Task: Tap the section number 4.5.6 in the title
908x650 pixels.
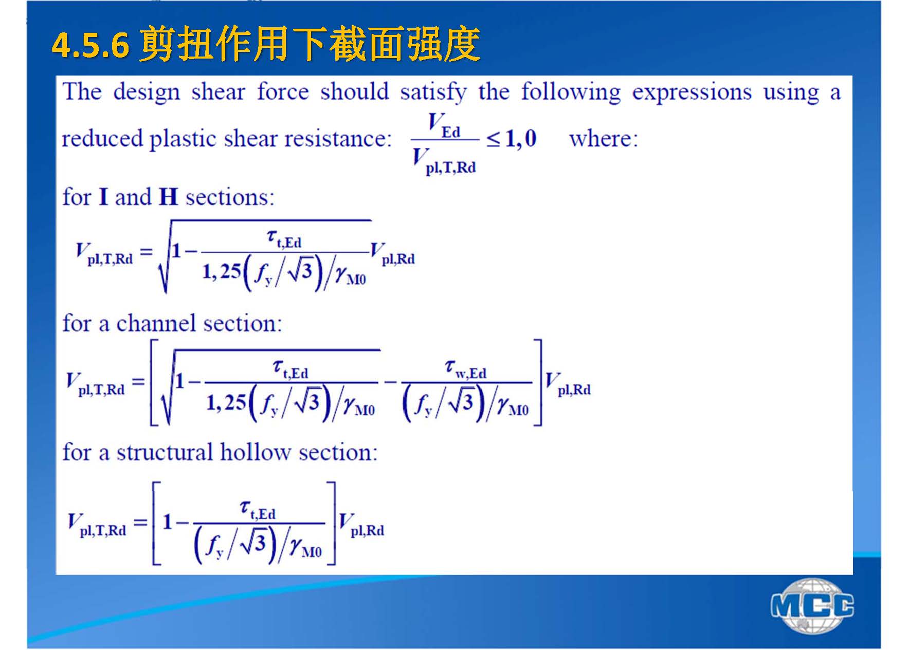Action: (90, 45)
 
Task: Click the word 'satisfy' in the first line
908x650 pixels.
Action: (433, 93)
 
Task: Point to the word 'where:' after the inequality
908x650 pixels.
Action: (604, 139)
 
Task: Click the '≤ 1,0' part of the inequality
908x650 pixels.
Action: (512, 139)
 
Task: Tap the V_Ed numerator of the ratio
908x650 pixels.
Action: (444, 125)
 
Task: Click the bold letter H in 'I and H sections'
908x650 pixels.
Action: (168, 197)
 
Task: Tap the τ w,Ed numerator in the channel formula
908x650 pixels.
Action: (465, 369)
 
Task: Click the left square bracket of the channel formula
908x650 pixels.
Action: (153, 382)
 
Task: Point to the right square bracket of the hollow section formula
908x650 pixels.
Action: (332, 523)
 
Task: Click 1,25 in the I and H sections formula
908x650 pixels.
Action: (222, 271)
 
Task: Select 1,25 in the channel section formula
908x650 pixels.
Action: (226, 402)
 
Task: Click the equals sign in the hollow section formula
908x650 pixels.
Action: (140, 523)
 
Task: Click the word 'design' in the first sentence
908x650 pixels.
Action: (147, 93)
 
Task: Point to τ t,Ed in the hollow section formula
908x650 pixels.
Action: (258, 510)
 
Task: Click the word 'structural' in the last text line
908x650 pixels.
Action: (165, 452)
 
